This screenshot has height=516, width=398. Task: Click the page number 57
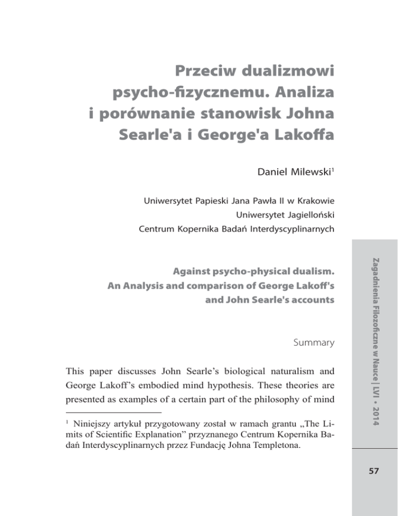tap(375, 475)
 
